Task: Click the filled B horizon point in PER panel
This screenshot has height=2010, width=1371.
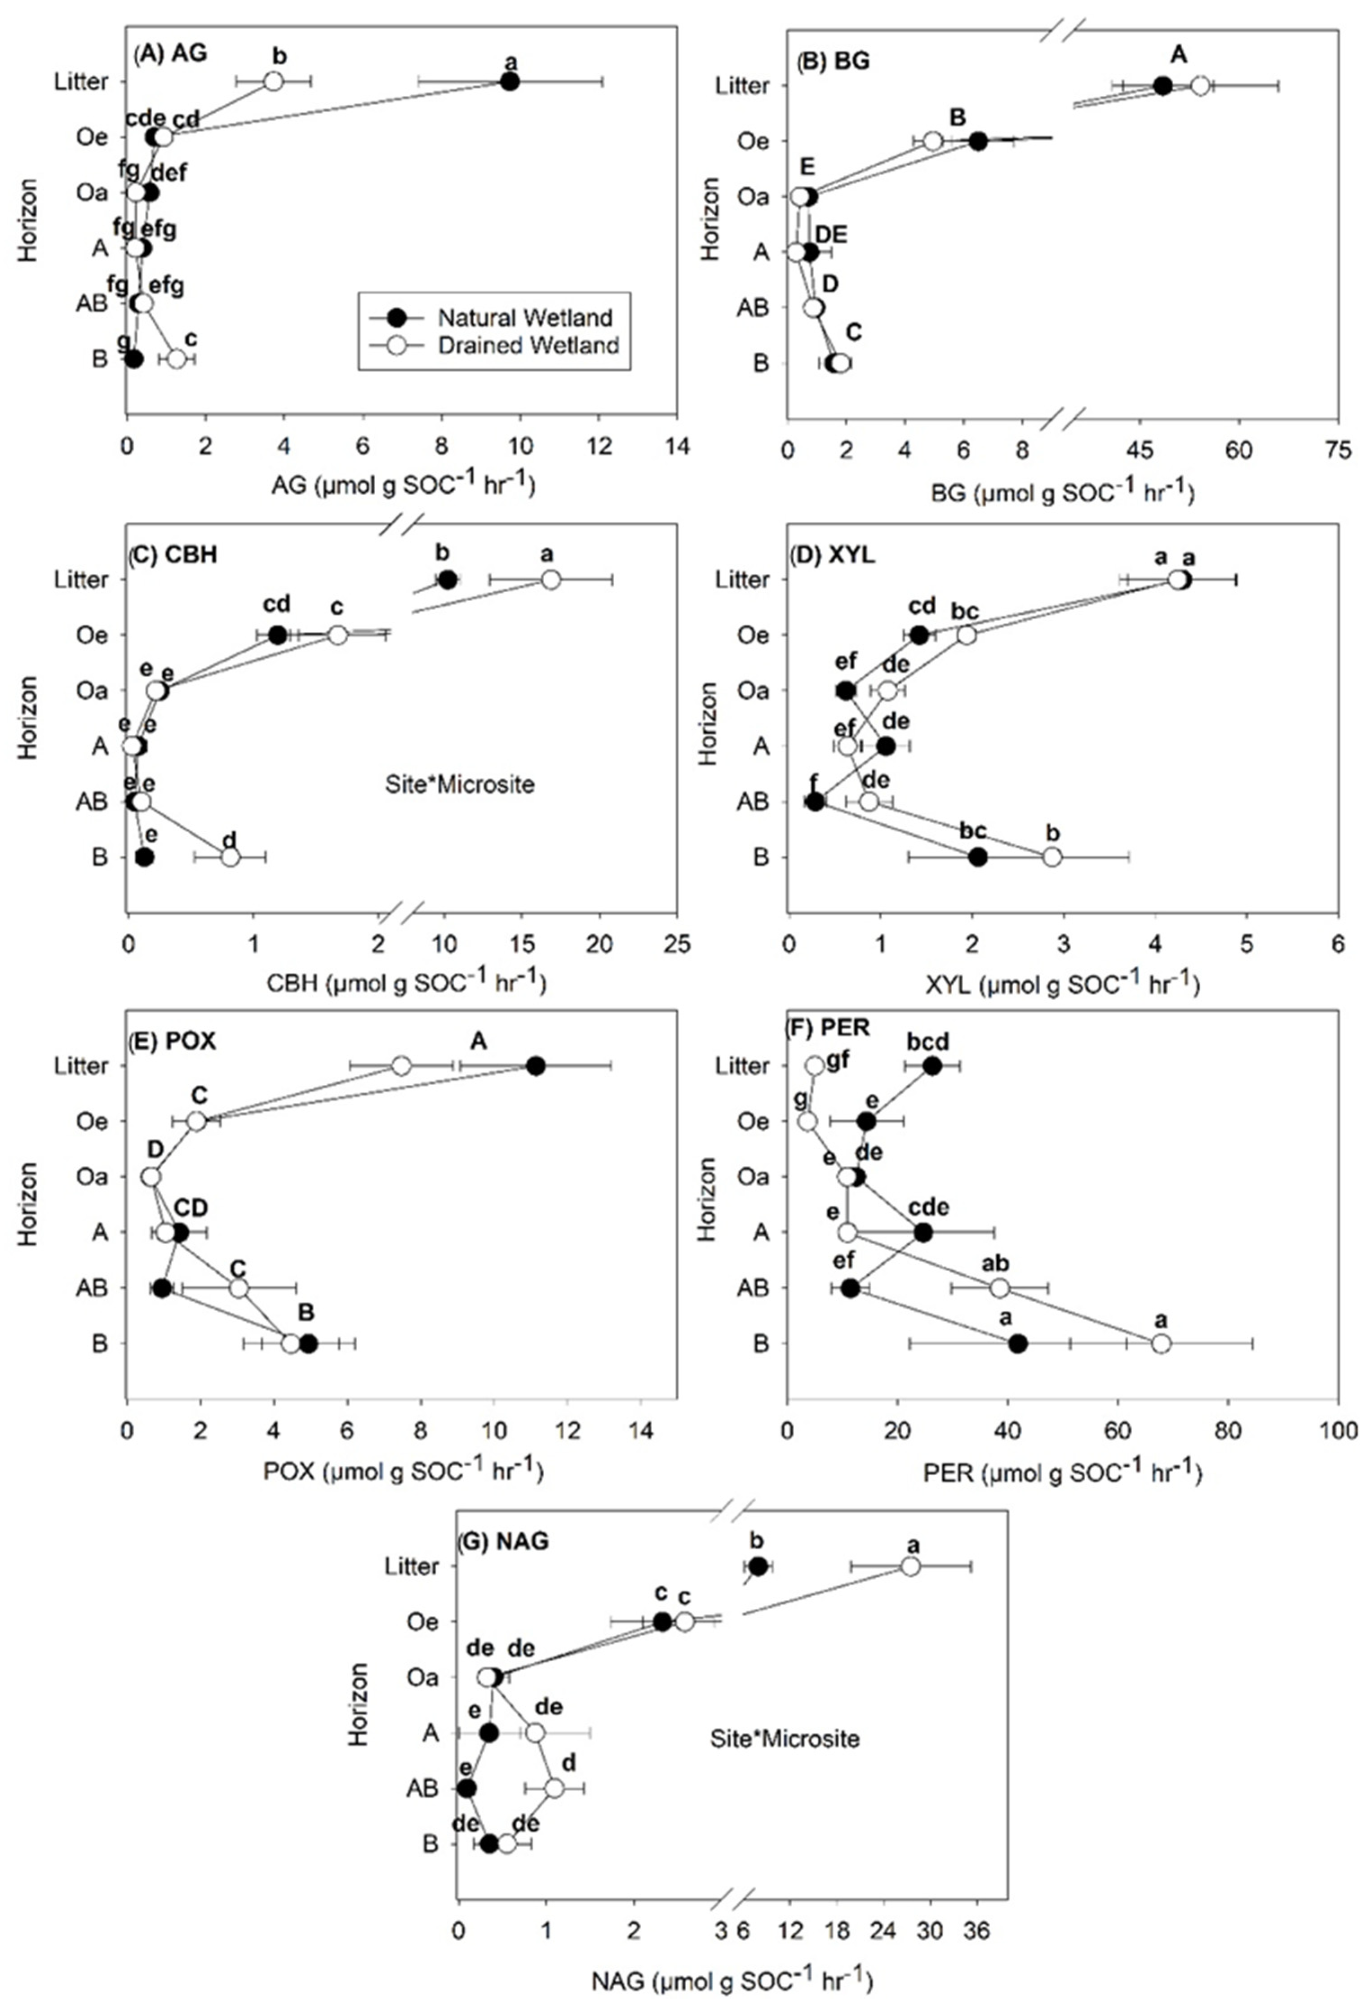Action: pos(1018,1343)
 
